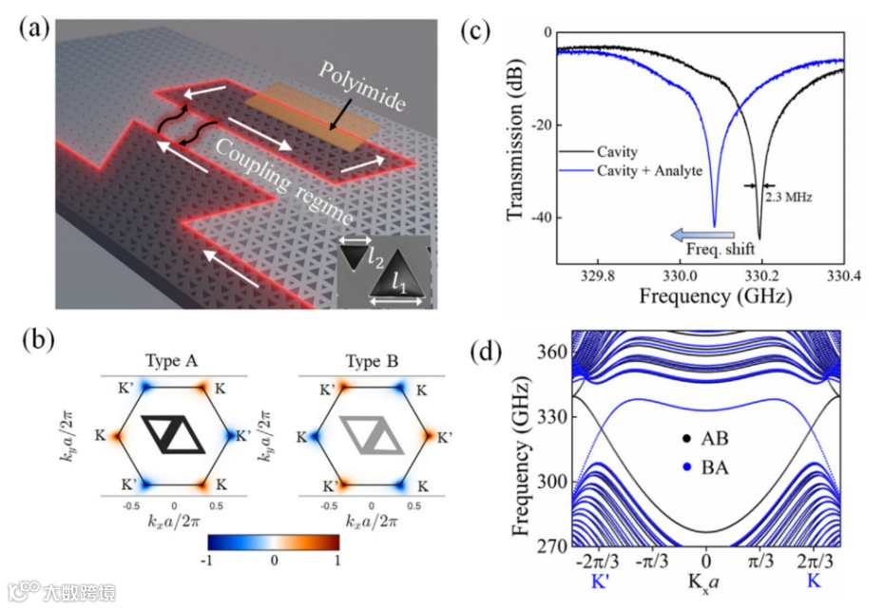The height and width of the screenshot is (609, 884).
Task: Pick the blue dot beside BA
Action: pos(683,467)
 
